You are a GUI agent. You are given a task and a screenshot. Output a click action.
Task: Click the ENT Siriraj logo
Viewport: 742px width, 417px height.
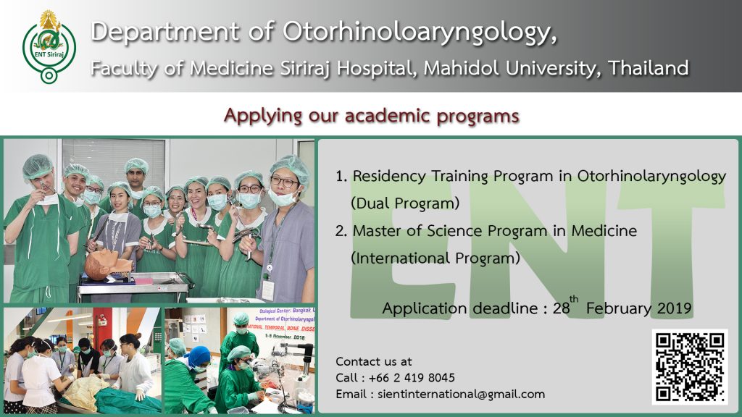pyautogui.click(x=49, y=47)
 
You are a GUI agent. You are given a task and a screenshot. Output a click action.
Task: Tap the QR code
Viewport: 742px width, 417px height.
pyautogui.click(x=690, y=367)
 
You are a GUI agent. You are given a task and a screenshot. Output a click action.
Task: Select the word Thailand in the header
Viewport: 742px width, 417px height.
pyautogui.click(x=649, y=68)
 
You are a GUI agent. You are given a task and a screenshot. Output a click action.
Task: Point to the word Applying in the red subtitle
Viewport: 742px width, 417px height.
pyautogui.click(x=262, y=117)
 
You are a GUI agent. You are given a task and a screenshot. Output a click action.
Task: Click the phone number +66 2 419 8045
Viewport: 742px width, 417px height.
pyautogui.click(x=412, y=378)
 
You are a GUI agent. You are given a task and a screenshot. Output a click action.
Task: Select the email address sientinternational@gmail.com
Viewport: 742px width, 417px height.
pyautogui.click(x=461, y=395)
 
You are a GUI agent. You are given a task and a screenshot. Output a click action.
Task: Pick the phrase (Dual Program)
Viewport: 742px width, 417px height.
pyautogui.click(x=405, y=203)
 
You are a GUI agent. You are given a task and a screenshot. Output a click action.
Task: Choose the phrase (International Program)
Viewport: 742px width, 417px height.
pyautogui.click(x=435, y=258)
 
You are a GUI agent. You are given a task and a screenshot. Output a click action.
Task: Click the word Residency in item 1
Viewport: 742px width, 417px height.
pyautogui.click(x=389, y=177)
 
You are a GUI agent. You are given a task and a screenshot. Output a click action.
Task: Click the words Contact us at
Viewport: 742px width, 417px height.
pyautogui.click(x=373, y=362)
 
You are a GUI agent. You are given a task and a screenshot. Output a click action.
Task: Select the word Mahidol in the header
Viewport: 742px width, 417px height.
pyautogui.click(x=462, y=68)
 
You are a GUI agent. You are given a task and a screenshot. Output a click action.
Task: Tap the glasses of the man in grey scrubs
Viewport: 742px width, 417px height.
pyautogui.click(x=284, y=182)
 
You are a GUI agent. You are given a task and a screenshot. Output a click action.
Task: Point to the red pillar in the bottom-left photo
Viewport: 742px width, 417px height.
pyautogui.click(x=102, y=326)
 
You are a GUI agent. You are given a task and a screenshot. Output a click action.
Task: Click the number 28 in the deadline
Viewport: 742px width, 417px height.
pyautogui.click(x=561, y=308)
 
